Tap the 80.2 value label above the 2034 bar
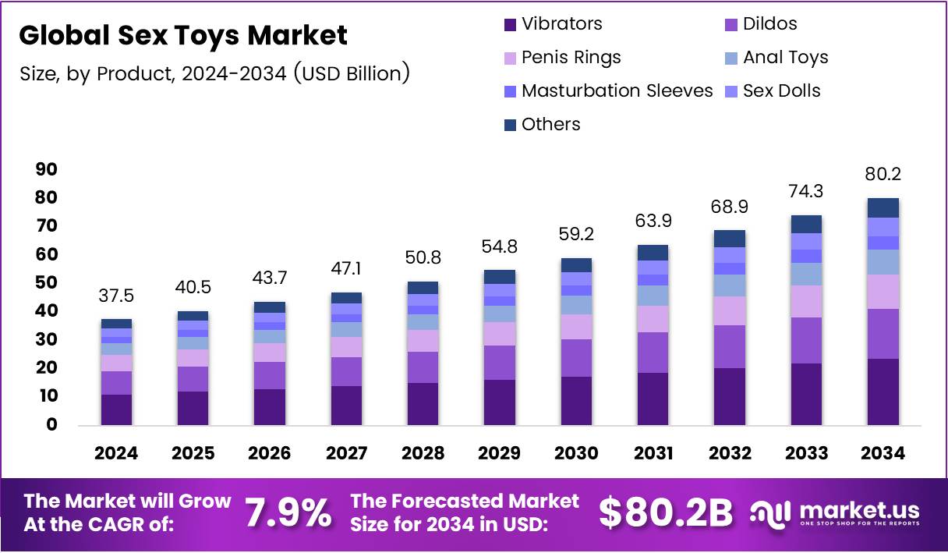pos(883,174)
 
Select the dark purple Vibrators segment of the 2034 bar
pos(883,392)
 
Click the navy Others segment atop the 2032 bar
pos(729,239)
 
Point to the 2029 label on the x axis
pos(500,453)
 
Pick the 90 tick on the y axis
pos(47,169)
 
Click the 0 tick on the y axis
pos(52,425)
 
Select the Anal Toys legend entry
pos(785,58)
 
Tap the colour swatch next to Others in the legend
pos(511,126)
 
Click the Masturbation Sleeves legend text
pos(617,91)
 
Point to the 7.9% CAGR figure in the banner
pos(288,512)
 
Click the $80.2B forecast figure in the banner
pos(666,512)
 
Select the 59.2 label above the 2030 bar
pos(576,235)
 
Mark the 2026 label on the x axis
pos(270,453)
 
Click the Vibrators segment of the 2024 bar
pos(116,409)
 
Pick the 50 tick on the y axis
pos(47,283)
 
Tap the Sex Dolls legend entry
pos(781,91)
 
